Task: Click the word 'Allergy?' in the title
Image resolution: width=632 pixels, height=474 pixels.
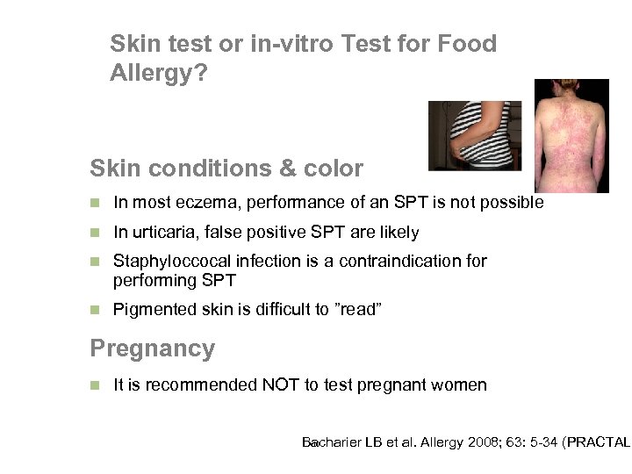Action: pos(159,75)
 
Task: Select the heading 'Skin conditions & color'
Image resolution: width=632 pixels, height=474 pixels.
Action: pos(226,167)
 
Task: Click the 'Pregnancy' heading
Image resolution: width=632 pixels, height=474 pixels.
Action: pos(153,348)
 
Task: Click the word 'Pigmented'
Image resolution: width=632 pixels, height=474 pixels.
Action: pos(148,310)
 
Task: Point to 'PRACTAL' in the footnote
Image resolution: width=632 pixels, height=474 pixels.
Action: pos(599,442)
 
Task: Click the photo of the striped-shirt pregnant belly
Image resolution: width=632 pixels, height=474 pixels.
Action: pos(474,135)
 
